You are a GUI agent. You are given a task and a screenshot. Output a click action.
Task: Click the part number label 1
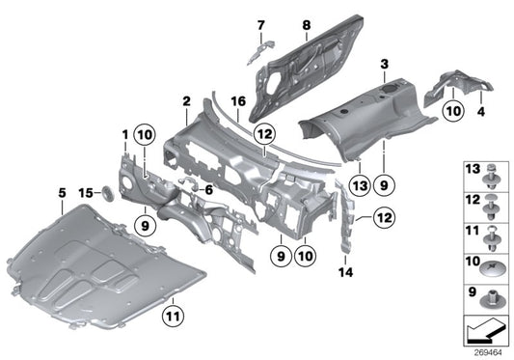(124, 132)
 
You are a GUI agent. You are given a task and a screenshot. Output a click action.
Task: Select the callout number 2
(186, 100)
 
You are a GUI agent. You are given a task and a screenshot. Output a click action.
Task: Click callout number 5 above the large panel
(62, 192)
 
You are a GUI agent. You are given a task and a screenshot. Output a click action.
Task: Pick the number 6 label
(206, 190)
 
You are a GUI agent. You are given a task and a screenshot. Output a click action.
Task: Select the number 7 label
(259, 24)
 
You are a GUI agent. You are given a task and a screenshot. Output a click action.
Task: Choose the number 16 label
(237, 100)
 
